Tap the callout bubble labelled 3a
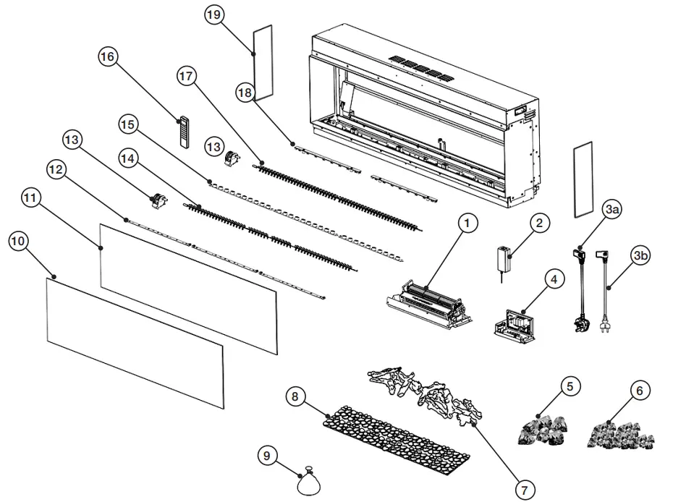pos(611,210)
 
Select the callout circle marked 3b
pos(640,255)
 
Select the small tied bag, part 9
pos(312,480)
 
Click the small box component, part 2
pos(505,256)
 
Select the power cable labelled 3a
pos(580,289)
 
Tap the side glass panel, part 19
pos(262,63)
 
